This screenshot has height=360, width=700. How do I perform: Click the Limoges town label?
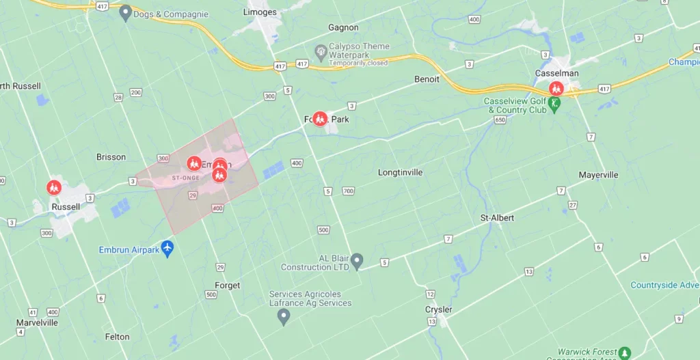260,12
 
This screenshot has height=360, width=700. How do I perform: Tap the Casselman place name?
557,73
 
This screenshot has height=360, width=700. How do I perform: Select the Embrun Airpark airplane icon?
167,247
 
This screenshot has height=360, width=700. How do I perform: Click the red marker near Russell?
53,186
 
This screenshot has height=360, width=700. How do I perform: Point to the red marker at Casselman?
556,88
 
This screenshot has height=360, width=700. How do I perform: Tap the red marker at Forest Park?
319,119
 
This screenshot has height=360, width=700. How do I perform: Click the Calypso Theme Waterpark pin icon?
319,51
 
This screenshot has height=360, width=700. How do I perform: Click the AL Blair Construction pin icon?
357,260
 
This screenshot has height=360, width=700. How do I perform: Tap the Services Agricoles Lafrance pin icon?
284,316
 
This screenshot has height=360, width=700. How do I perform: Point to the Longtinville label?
401,173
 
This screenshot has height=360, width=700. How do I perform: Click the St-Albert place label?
497,218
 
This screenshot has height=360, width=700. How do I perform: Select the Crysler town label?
438,309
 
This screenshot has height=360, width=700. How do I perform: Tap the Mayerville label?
598,175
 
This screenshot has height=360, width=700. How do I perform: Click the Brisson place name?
111,157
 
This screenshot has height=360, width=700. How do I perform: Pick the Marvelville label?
37,322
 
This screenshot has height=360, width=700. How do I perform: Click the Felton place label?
118,337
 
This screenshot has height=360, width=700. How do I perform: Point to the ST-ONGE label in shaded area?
186,178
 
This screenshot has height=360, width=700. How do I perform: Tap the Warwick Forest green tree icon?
625,353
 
